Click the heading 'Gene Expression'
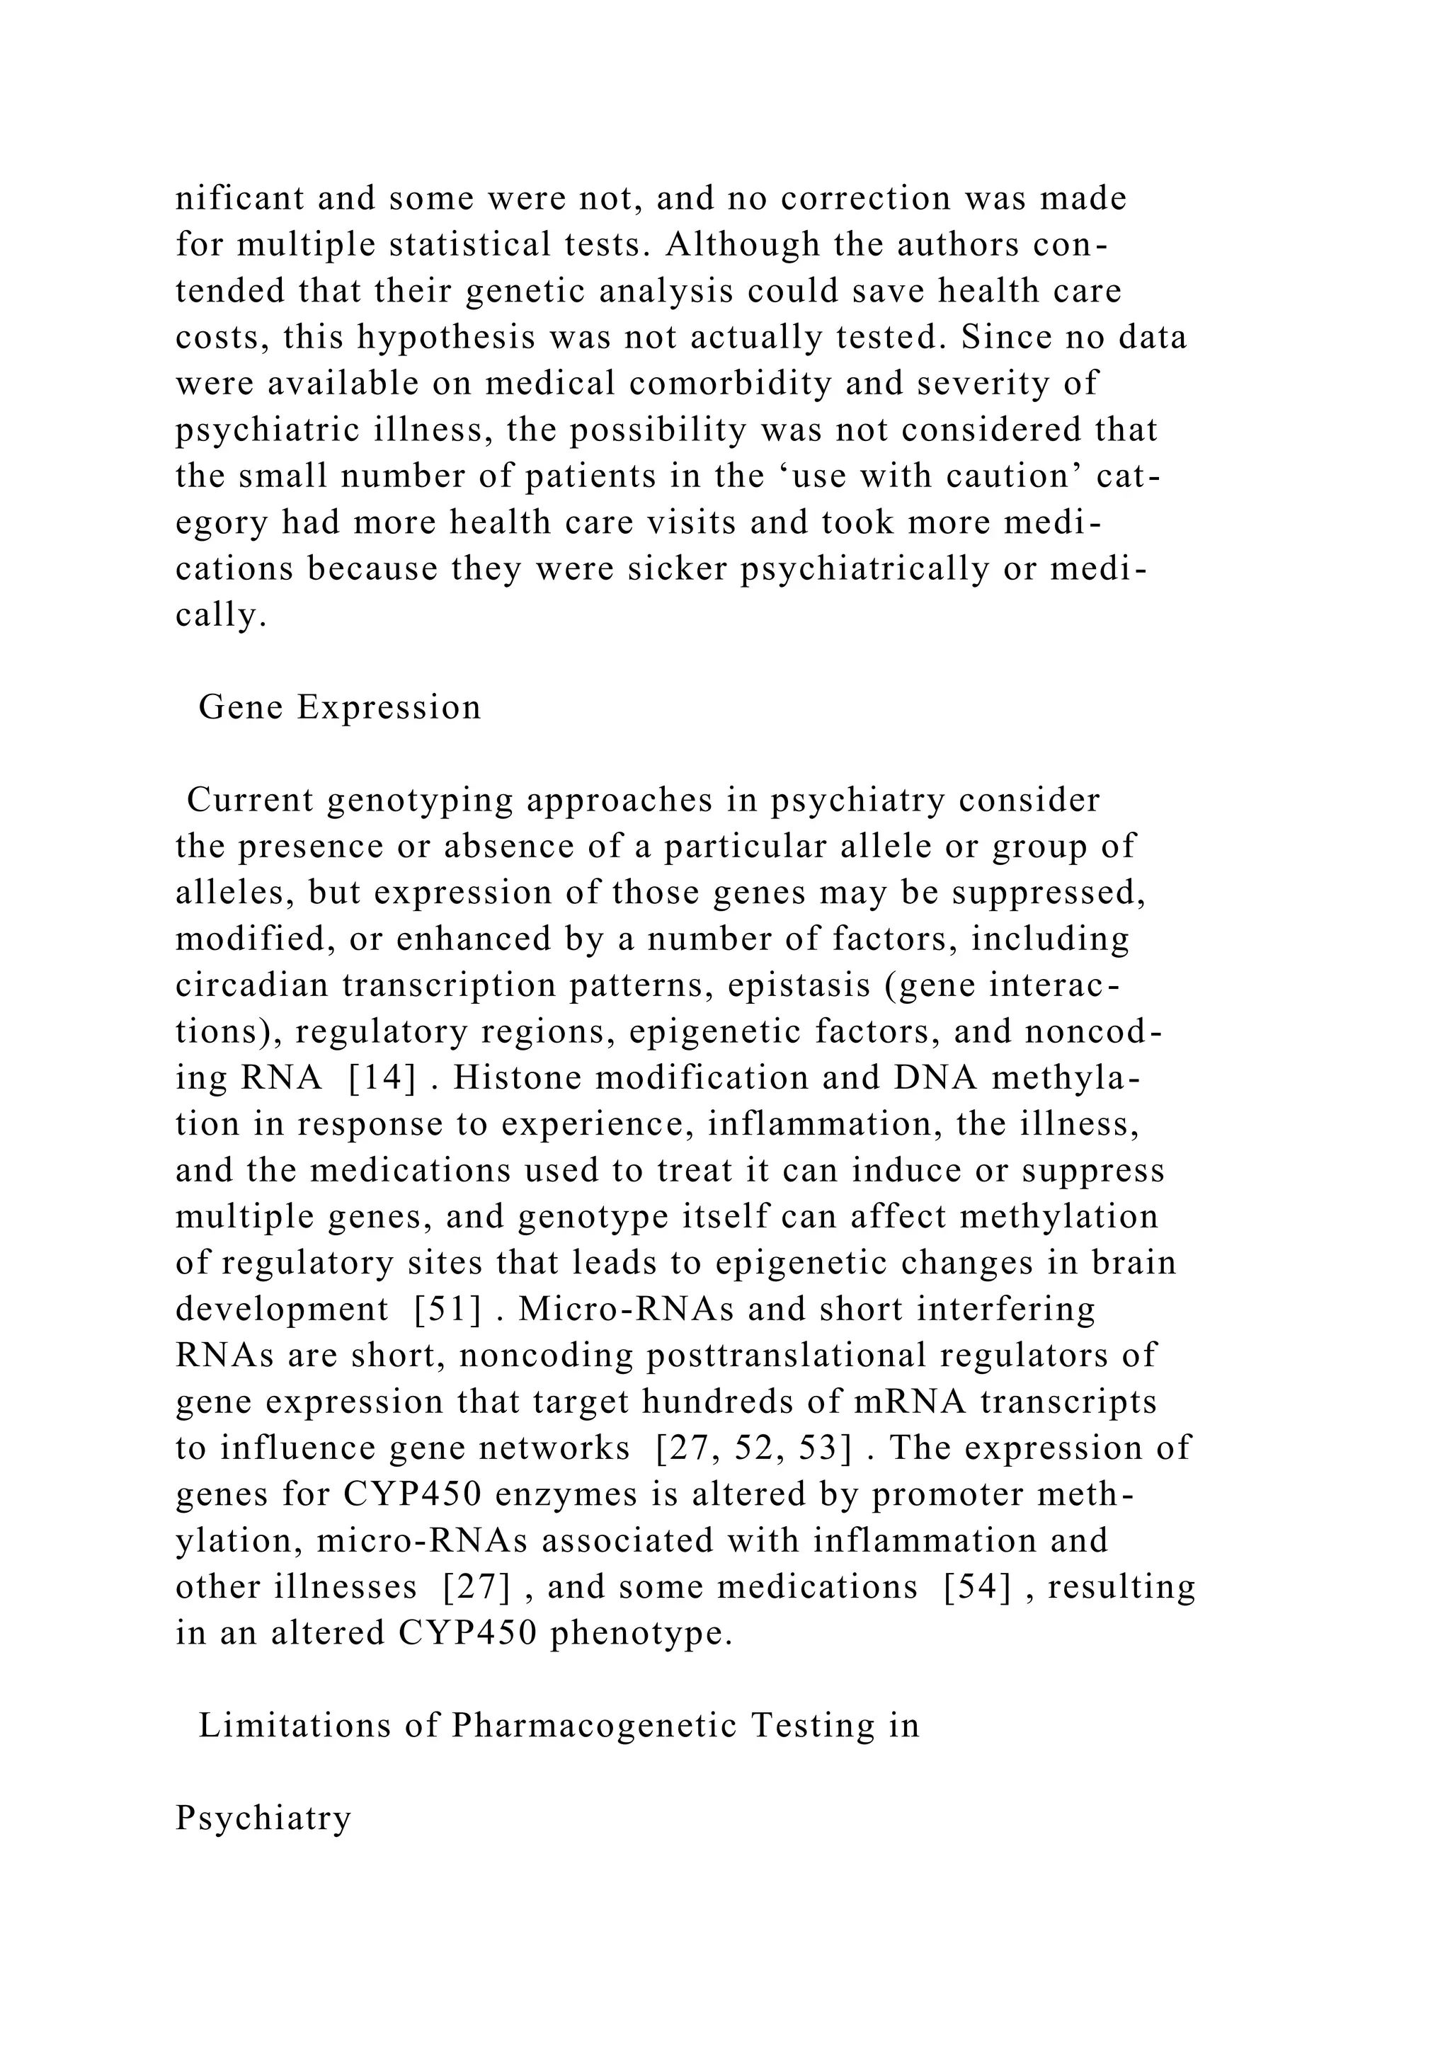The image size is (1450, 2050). click(x=339, y=707)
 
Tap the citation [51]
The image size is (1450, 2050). click(x=447, y=1310)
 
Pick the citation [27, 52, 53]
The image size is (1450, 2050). click(x=753, y=1448)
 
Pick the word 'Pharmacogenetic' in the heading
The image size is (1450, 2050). click(x=595, y=1725)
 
